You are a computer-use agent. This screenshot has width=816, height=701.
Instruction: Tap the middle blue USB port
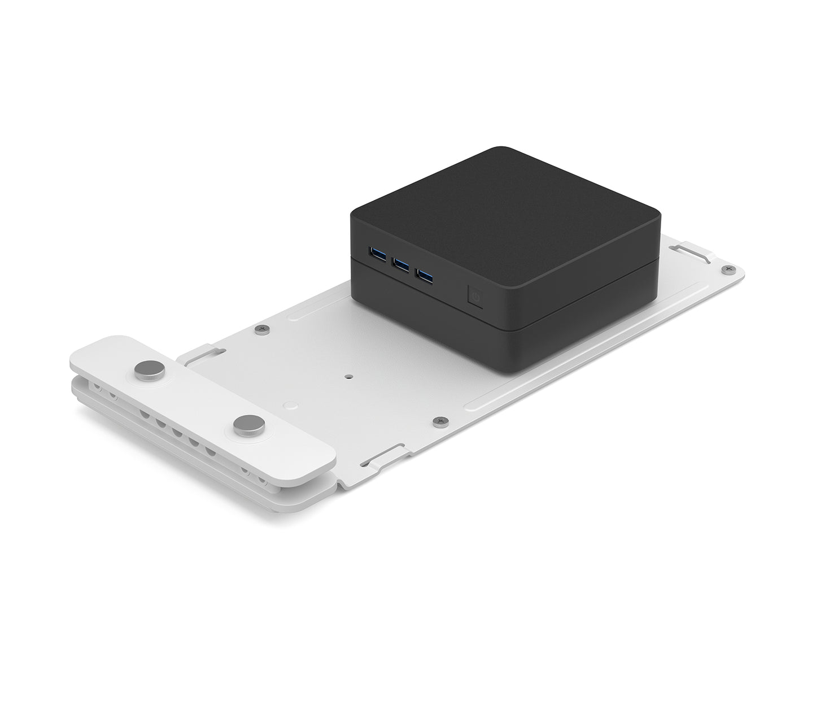coord(402,263)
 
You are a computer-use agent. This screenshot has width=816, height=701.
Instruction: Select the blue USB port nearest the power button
coord(426,276)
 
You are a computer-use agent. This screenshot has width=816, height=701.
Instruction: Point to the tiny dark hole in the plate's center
coord(350,375)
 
